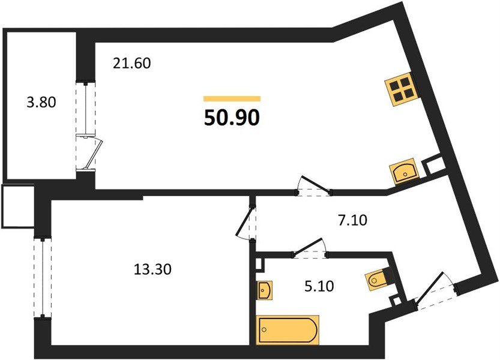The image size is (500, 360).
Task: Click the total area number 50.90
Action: pyautogui.click(x=232, y=118)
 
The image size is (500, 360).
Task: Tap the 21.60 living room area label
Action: pyautogui.click(x=131, y=62)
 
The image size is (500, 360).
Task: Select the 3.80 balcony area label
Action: pyautogui.click(x=41, y=102)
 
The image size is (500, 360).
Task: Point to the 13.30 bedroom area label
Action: pyautogui.click(x=152, y=269)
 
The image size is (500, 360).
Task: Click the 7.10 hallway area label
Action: pyautogui.click(x=352, y=220)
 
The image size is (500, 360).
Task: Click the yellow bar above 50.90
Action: pyautogui.click(x=232, y=98)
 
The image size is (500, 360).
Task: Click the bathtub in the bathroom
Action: pyautogui.click(x=288, y=330)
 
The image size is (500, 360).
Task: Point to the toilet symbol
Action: pyautogui.click(x=379, y=278)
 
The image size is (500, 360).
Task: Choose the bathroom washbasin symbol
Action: pyautogui.click(x=265, y=290)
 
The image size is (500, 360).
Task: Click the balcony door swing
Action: pyautogui.click(x=92, y=154)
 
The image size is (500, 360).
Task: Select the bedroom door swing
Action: pyautogui.click(x=247, y=222)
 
